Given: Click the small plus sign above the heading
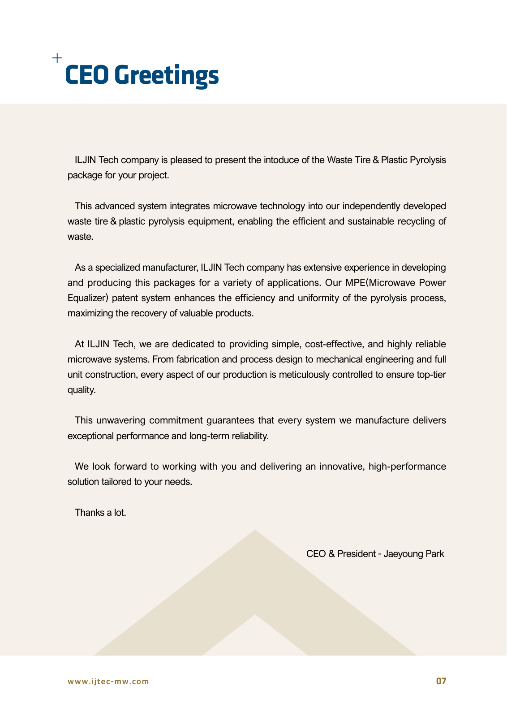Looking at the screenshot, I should point(57,58).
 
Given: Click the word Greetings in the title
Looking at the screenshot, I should point(169,75).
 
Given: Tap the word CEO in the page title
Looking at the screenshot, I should point(87,75).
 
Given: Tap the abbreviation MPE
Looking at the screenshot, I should point(355,283).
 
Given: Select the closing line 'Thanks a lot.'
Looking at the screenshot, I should point(100,513).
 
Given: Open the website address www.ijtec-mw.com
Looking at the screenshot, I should point(108,682).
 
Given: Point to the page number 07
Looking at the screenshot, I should point(441,681).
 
